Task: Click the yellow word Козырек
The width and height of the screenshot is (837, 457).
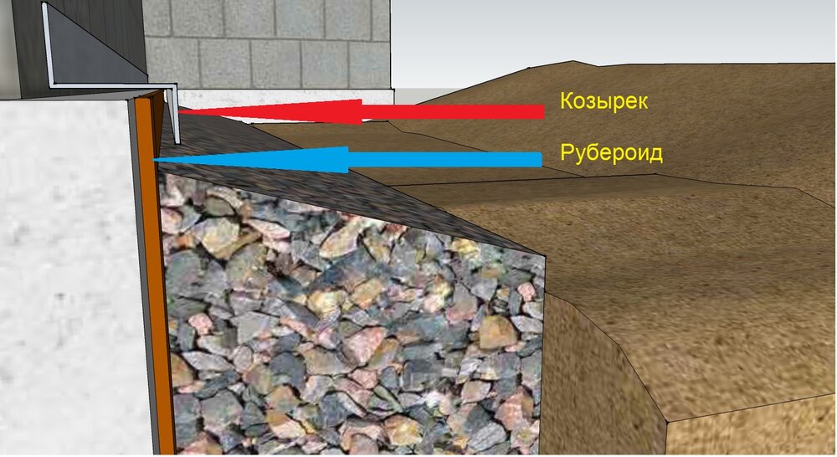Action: tap(603, 101)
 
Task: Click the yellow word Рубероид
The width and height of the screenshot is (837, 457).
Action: tap(611, 153)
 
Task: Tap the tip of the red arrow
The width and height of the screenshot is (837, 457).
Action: tap(178, 111)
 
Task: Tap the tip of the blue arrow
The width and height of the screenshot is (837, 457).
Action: tap(154, 159)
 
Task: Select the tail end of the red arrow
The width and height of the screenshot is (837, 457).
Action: tap(544, 111)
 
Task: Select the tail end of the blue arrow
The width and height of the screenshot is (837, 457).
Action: tap(541, 159)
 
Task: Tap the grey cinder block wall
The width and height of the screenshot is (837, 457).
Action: tap(267, 44)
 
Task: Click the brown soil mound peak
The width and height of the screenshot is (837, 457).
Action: tap(574, 63)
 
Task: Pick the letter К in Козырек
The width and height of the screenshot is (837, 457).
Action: tap(567, 100)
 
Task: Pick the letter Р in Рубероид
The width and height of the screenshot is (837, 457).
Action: tap(567, 152)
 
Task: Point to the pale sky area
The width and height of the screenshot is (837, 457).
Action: tap(614, 32)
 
